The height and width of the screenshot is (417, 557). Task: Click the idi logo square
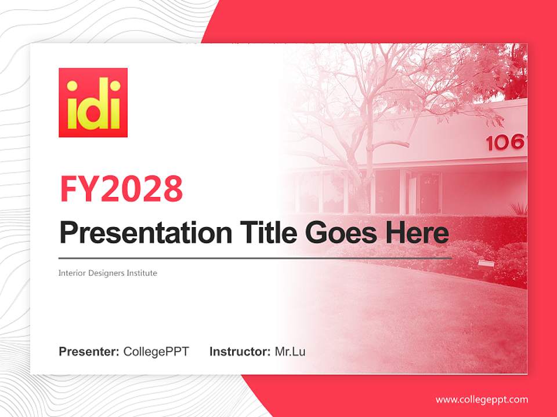[x=93, y=103]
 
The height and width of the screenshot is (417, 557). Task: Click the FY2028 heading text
[x=121, y=189]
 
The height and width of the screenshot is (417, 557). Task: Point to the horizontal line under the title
[x=255, y=258]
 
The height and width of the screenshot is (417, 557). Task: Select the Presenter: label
[x=89, y=352]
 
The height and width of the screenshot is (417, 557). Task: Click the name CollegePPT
[x=156, y=352]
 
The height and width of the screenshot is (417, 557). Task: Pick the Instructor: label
[x=240, y=352]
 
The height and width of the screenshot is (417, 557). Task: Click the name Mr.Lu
[x=290, y=352]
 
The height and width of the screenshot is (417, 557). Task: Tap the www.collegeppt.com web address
[x=482, y=400]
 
